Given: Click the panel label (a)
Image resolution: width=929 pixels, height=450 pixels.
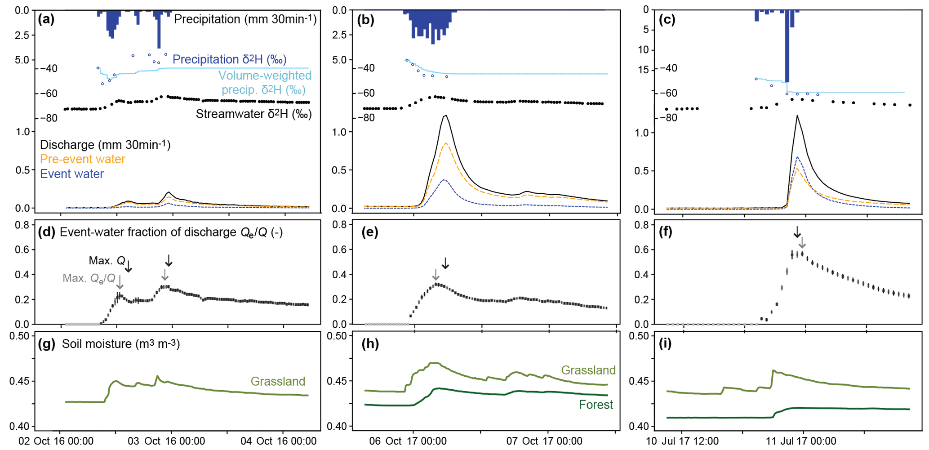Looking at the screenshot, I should pyautogui.click(x=46, y=19).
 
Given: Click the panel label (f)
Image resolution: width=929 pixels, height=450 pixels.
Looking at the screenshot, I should pyautogui.click(x=665, y=232).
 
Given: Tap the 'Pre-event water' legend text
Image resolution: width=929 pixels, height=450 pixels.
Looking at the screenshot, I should pyautogui.click(x=83, y=159).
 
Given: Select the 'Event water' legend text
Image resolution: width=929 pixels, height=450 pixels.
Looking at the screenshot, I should pyautogui.click(x=72, y=174).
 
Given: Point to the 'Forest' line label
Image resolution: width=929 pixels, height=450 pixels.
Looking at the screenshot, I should pyautogui.click(x=596, y=405).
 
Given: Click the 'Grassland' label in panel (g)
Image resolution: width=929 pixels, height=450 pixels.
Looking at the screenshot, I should pyautogui.click(x=278, y=381).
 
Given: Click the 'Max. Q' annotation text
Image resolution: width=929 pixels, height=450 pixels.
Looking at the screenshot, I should pyautogui.click(x=107, y=261).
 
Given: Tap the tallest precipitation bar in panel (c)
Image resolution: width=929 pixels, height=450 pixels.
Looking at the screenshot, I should pyautogui.click(x=787, y=45).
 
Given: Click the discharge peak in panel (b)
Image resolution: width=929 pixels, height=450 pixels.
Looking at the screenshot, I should pyautogui.click(x=445, y=116).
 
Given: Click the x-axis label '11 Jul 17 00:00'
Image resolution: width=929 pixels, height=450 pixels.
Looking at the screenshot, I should pyautogui.click(x=801, y=441).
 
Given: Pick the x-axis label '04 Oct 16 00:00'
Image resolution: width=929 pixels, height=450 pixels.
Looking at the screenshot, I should pyautogui.click(x=279, y=441).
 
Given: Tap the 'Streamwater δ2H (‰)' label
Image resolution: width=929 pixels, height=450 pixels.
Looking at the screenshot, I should pyautogui.click(x=253, y=114).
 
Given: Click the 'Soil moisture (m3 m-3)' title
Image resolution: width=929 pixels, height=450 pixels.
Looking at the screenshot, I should pyautogui.click(x=120, y=344).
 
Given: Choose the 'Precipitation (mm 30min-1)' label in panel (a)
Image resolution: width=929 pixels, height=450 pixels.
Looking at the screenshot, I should pyautogui.click(x=245, y=19).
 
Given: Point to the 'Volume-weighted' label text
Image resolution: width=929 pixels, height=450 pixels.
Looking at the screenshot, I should pyautogui.click(x=265, y=76).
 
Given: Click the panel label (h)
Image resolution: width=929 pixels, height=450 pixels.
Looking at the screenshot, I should pyautogui.click(x=370, y=344).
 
